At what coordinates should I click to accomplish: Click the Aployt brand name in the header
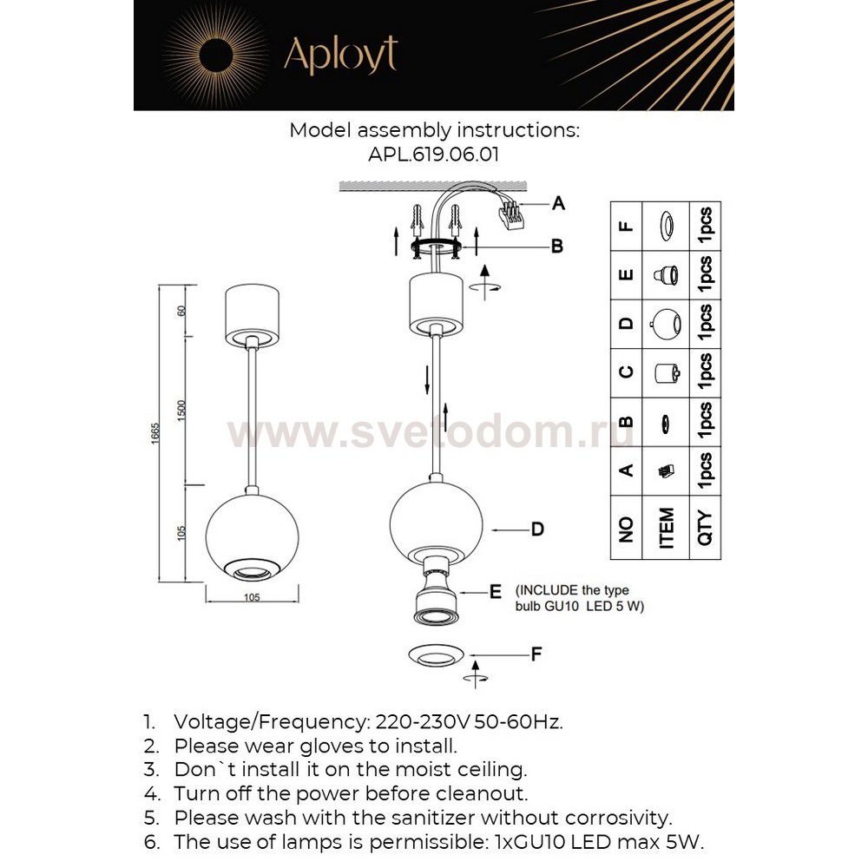coord(340,54)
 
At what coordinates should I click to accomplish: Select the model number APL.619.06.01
coord(433,154)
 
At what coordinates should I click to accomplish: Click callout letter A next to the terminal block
coord(559,203)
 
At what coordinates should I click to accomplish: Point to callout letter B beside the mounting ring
coord(557,247)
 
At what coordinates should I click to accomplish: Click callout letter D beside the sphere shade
coord(537,528)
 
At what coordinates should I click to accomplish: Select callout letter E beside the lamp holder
coord(496,592)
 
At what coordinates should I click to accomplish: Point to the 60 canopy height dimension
coord(181,310)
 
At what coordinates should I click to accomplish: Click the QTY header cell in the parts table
coord(705,526)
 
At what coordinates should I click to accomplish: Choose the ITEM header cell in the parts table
coord(667,526)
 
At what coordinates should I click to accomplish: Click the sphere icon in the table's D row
coord(666,323)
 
